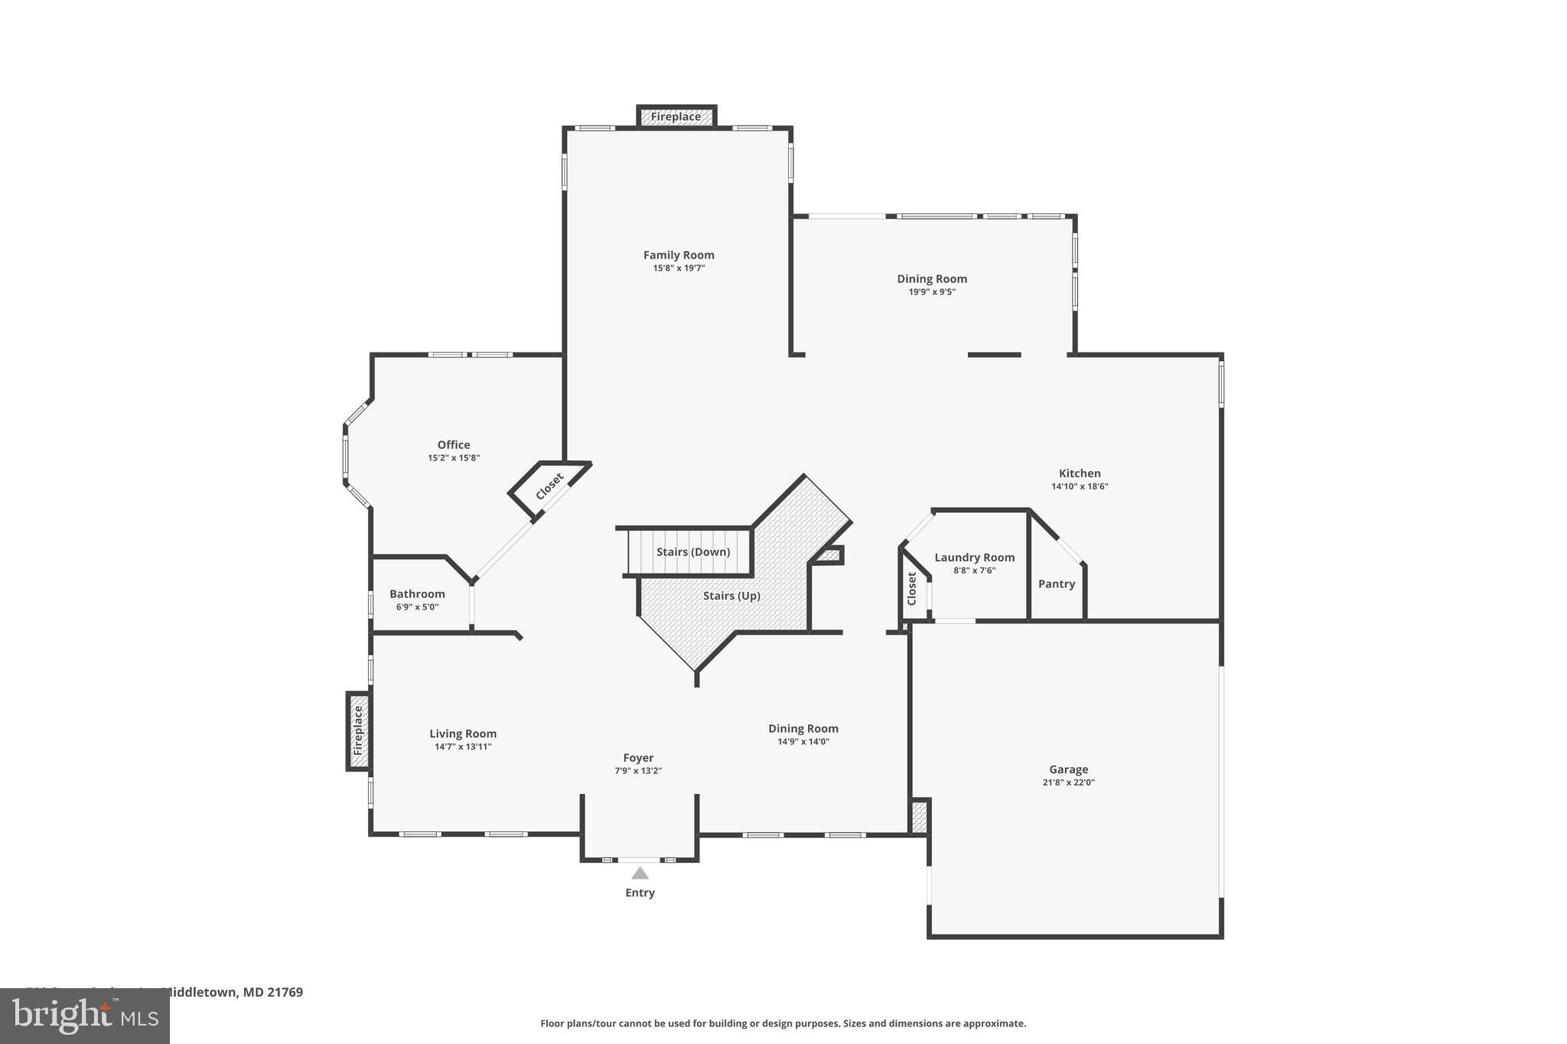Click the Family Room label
click(678, 255)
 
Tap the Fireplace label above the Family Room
click(676, 117)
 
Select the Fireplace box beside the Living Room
click(358, 730)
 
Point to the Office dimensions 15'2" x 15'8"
click(454, 458)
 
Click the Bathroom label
click(417, 594)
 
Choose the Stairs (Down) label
click(692, 551)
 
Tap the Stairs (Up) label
click(731, 595)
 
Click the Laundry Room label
click(974, 558)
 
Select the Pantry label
click(1056, 584)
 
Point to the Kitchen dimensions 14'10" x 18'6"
click(1080, 486)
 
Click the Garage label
click(1068, 769)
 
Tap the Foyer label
click(637, 758)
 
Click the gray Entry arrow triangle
click(640, 873)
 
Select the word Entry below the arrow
click(640, 893)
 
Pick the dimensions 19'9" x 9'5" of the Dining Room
click(932, 292)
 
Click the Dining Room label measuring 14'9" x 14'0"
click(803, 728)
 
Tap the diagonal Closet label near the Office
click(549, 486)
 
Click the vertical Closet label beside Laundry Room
click(911, 589)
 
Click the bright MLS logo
click(84, 1016)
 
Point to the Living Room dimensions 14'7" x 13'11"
click(463, 746)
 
